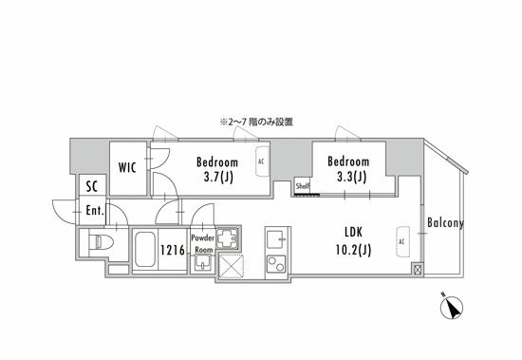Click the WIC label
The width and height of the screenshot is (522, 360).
[127, 168]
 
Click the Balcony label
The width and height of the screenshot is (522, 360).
[445, 223]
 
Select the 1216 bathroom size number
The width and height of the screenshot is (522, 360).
[171, 250]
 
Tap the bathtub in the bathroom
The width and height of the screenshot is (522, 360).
[144, 250]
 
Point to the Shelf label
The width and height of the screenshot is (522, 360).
[303, 186]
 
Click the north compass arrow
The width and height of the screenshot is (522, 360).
[455, 309]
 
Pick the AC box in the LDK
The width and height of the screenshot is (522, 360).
[402, 241]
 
